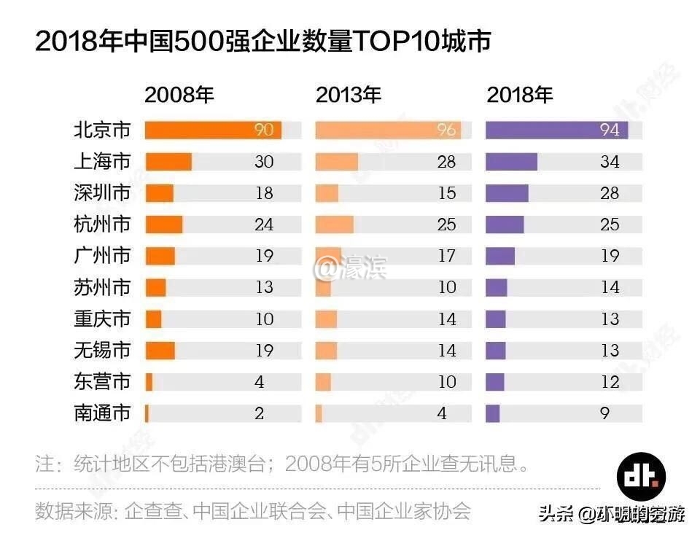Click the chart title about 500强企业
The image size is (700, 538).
262,42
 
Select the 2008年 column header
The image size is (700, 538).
179,95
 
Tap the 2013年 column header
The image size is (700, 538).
349,95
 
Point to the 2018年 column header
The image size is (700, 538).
520,95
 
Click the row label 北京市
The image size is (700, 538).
102,130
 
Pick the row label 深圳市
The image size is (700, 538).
102,193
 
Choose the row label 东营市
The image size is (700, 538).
102,381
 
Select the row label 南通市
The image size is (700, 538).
102,413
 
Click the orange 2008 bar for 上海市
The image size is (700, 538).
168,162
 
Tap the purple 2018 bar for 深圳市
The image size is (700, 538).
507,193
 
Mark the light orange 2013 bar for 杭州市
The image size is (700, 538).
334,225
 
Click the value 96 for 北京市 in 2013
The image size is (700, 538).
447,130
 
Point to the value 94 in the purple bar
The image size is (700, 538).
610,130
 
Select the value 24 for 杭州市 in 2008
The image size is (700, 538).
264,225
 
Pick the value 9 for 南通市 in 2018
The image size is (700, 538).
605,413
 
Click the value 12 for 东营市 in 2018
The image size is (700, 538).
610,381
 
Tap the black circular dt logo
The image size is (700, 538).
641,474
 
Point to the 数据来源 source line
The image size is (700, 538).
253,510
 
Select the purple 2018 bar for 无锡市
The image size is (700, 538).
496,350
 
